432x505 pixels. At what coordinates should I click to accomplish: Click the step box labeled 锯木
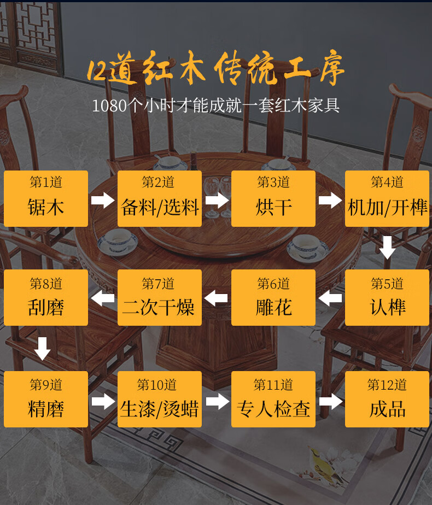tap(46, 198)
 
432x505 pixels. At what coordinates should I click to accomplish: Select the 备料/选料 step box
tap(160, 198)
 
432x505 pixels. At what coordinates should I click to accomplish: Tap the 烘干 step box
tap(273, 198)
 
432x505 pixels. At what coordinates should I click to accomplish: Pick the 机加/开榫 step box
tap(387, 198)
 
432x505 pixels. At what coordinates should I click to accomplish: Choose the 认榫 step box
tap(387, 298)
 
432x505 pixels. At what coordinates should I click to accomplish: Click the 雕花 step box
tap(273, 298)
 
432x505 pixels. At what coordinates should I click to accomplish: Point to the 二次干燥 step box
tap(160, 298)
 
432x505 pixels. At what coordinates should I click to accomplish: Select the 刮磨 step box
tap(46, 298)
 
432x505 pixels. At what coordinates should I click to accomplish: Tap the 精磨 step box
tap(46, 400)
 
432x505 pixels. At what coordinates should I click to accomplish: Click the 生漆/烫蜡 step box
tap(160, 400)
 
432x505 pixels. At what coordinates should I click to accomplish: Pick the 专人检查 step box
tap(273, 400)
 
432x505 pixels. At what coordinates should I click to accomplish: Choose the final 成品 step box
tap(387, 400)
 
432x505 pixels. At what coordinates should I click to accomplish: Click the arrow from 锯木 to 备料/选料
tap(103, 200)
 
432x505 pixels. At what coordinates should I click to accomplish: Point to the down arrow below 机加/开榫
tap(388, 248)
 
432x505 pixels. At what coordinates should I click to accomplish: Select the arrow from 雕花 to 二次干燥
tap(216, 298)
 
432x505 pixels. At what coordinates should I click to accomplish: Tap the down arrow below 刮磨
tap(42, 349)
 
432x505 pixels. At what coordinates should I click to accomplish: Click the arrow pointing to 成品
tap(331, 402)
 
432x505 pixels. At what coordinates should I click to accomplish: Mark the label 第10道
tap(157, 385)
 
